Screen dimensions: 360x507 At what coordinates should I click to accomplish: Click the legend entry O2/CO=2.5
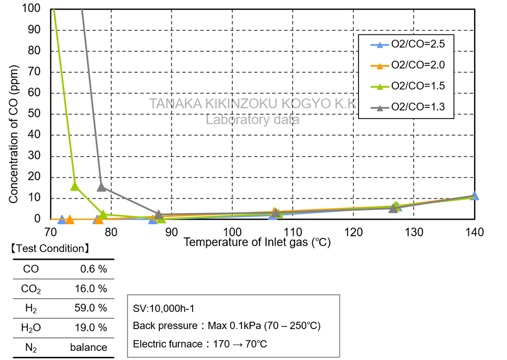pyautogui.click(x=418, y=44)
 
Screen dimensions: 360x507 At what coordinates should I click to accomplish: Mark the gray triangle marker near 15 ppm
pyautogui.click(x=101, y=187)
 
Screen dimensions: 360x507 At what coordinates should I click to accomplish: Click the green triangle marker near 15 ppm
pyautogui.click(x=75, y=186)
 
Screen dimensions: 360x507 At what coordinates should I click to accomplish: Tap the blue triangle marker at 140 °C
pyautogui.click(x=474, y=196)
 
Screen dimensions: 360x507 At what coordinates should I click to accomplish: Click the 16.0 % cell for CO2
pyautogui.click(x=93, y=289)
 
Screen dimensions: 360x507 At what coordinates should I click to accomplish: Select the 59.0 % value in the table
pyautogui.click(x=93, y=308)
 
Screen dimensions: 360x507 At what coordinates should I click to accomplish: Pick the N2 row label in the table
pyautogui.click(x=31, y=347)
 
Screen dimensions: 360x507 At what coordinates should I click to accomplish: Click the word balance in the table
pyautogui.click(x=89, y=347)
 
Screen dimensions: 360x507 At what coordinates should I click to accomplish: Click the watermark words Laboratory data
pyautogui.click(x=252, y=120)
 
